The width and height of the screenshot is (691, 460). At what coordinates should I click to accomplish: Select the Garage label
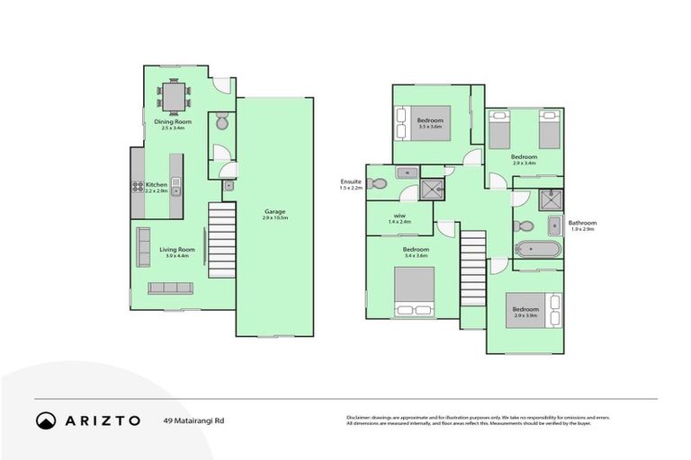274,212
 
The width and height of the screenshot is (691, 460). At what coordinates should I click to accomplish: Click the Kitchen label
157,184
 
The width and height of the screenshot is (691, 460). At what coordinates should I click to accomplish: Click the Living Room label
177,250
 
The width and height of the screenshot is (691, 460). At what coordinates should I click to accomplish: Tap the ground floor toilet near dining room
221,122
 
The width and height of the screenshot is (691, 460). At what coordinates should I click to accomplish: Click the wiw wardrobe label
399,216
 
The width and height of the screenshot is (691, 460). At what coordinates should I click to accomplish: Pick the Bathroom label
582,224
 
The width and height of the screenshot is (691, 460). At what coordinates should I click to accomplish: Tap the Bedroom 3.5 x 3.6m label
429,121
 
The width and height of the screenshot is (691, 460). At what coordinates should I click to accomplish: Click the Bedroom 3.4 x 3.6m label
415,249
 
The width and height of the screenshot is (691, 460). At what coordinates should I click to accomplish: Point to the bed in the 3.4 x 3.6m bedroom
414,290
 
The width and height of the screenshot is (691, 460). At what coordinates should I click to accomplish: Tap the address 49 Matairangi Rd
194,420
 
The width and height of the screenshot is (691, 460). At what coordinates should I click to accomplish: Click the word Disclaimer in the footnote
360,418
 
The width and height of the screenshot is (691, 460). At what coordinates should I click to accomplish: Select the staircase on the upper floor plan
472,264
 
